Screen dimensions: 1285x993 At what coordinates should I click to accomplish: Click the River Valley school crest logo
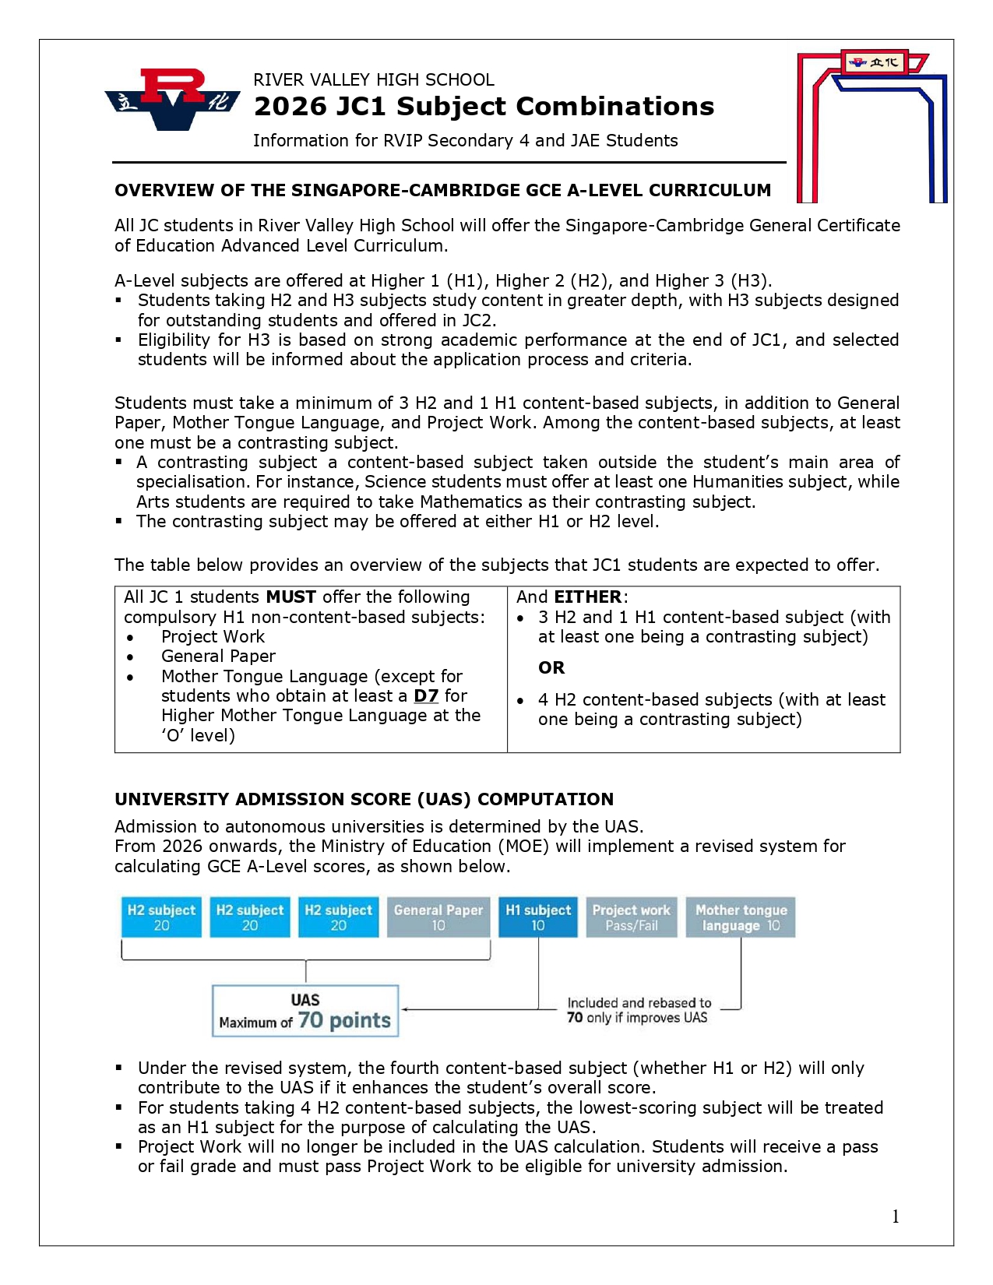click(173, 99)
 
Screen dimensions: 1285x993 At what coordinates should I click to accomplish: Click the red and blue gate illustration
click(872, 125)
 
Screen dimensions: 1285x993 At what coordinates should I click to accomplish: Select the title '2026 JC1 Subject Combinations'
click(484, 107)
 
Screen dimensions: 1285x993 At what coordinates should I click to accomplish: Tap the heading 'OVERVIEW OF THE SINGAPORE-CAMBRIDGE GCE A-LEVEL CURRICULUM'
click(442, 191)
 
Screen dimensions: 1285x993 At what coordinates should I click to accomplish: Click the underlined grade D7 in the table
click(426, 695)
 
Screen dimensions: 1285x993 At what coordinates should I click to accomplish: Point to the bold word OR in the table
click(551, 667)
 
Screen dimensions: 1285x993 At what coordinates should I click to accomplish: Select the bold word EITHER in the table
click(588, 597)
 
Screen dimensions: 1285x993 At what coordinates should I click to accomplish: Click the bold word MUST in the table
click(291, 597)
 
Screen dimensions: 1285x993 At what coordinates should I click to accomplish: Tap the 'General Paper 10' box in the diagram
click(438, 917)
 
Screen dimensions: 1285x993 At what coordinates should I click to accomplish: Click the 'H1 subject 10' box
click(538, 917)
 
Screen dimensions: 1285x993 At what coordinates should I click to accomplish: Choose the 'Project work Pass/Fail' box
click(632, 917)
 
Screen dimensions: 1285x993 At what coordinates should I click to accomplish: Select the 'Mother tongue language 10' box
click(741, 917)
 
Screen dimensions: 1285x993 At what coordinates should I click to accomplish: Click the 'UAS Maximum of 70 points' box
click(305, 1011)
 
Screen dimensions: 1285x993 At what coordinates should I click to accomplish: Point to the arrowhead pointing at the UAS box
click(406, 1009)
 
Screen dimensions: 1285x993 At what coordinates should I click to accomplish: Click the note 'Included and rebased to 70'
click(639, 1010)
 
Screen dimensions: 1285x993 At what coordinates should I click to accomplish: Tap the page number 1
click(896, 1216)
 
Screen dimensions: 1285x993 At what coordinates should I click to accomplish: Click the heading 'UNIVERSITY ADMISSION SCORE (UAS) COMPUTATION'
click(364, 800)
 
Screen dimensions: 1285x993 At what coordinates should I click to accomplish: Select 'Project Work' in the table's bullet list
click(213, 636)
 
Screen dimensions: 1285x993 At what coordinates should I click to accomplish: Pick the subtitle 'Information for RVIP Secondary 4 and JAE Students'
click(465, 141)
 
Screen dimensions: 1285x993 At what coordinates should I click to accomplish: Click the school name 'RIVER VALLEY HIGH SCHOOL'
click(374, 80)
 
